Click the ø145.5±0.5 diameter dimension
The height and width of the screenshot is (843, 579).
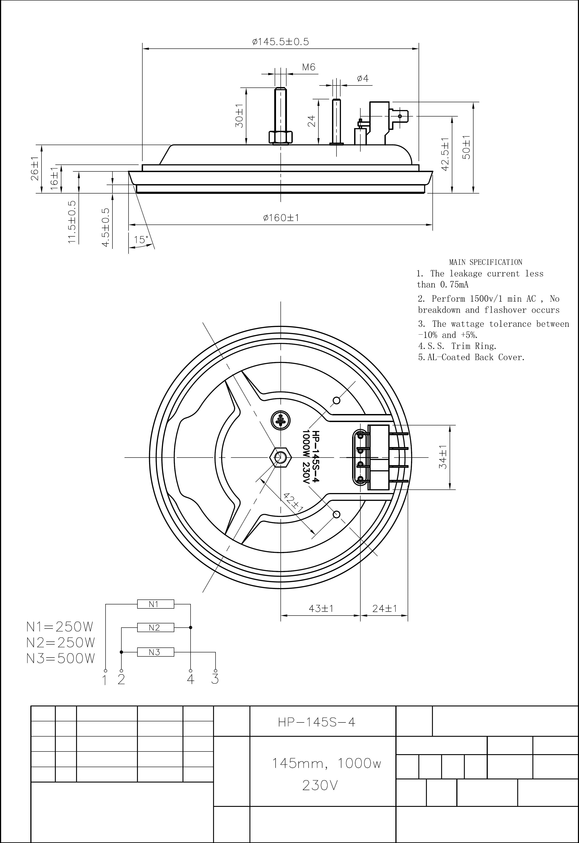[280, 42]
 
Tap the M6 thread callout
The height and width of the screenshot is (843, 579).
[309, 67]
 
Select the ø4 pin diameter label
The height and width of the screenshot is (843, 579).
[362, 78]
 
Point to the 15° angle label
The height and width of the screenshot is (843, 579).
[141, 240]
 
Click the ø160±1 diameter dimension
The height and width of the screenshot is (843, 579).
[281, 218]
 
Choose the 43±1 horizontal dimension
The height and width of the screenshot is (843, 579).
[321, 608]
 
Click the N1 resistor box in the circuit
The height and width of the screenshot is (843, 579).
[156, 604]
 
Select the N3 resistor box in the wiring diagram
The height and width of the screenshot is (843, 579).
[156, 652]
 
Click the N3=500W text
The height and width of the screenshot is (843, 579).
[60, 658]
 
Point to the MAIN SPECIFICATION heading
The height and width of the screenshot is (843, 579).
[486, 262]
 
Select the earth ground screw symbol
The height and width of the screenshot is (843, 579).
[281, 420]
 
